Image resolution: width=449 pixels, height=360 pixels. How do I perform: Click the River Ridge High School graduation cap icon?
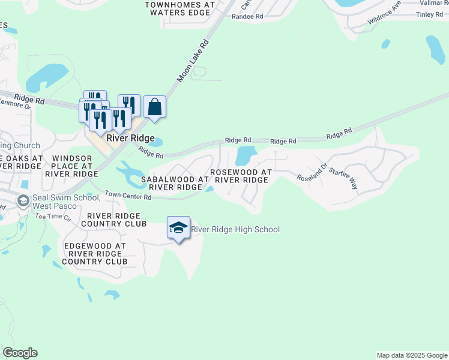[178, 227]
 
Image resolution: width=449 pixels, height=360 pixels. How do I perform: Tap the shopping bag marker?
[154, 107]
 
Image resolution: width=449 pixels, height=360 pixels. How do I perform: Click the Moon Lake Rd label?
[193, 61]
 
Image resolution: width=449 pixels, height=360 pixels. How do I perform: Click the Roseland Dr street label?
[312, 174]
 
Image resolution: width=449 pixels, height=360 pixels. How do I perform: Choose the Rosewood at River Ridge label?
[241, 176]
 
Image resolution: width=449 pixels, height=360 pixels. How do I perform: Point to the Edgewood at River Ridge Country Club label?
[95, 254]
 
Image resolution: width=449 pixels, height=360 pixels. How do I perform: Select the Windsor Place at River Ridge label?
[71, 166]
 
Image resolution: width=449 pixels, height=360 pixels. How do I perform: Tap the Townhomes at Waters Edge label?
[179, 8]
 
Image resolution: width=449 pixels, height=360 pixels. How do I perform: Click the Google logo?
[20, 353]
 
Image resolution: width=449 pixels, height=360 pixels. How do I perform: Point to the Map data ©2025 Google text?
[411, 355]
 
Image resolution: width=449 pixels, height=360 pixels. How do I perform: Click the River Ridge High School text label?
[235, 229]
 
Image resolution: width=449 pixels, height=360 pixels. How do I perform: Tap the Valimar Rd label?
[433, 2]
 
